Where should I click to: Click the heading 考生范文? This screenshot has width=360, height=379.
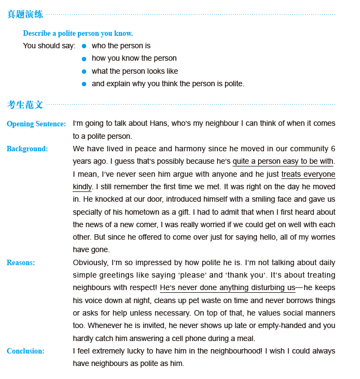(x=25, y=105)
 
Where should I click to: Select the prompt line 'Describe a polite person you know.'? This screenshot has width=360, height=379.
(x=78, y=34)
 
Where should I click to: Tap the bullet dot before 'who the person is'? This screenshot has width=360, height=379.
(x=84, y=46)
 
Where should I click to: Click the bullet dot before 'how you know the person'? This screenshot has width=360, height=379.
(x=84, y=59)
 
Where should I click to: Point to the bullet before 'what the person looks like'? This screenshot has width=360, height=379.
(x=84, y=72)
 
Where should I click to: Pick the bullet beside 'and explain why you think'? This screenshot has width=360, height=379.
(x=84, y=84)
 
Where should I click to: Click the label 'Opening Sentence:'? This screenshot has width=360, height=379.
(x=36, y=124)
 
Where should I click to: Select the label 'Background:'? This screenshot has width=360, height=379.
(x=27, y=149)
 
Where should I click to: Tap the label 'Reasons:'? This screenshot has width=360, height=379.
(x=21, y=263)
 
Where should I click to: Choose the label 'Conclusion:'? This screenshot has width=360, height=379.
(x=25, y=351)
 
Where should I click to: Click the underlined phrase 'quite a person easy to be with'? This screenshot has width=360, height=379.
(x=282, y=162)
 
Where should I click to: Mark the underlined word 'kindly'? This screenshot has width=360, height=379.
(x=82, y=187)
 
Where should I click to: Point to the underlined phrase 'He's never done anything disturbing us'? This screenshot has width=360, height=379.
(x=227, y=288)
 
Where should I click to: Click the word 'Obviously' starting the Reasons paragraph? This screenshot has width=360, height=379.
(x=91, y=263)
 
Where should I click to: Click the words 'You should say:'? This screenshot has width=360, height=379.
(x=49, y=46)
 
